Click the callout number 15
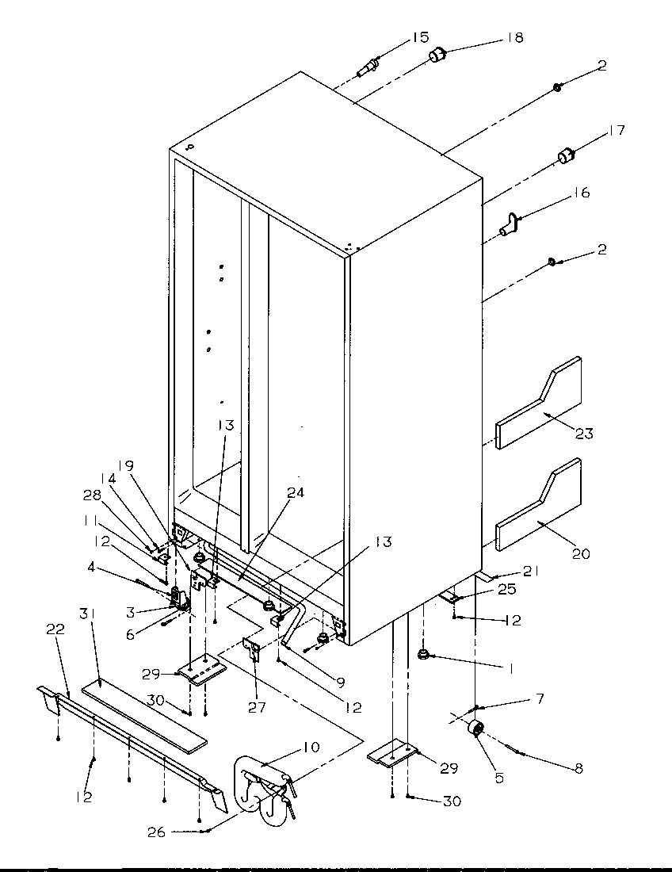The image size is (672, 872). coord(419,36)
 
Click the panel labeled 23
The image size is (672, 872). coord(539,396)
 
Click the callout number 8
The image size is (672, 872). coord(578,767)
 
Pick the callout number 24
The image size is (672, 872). coord(295,492)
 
